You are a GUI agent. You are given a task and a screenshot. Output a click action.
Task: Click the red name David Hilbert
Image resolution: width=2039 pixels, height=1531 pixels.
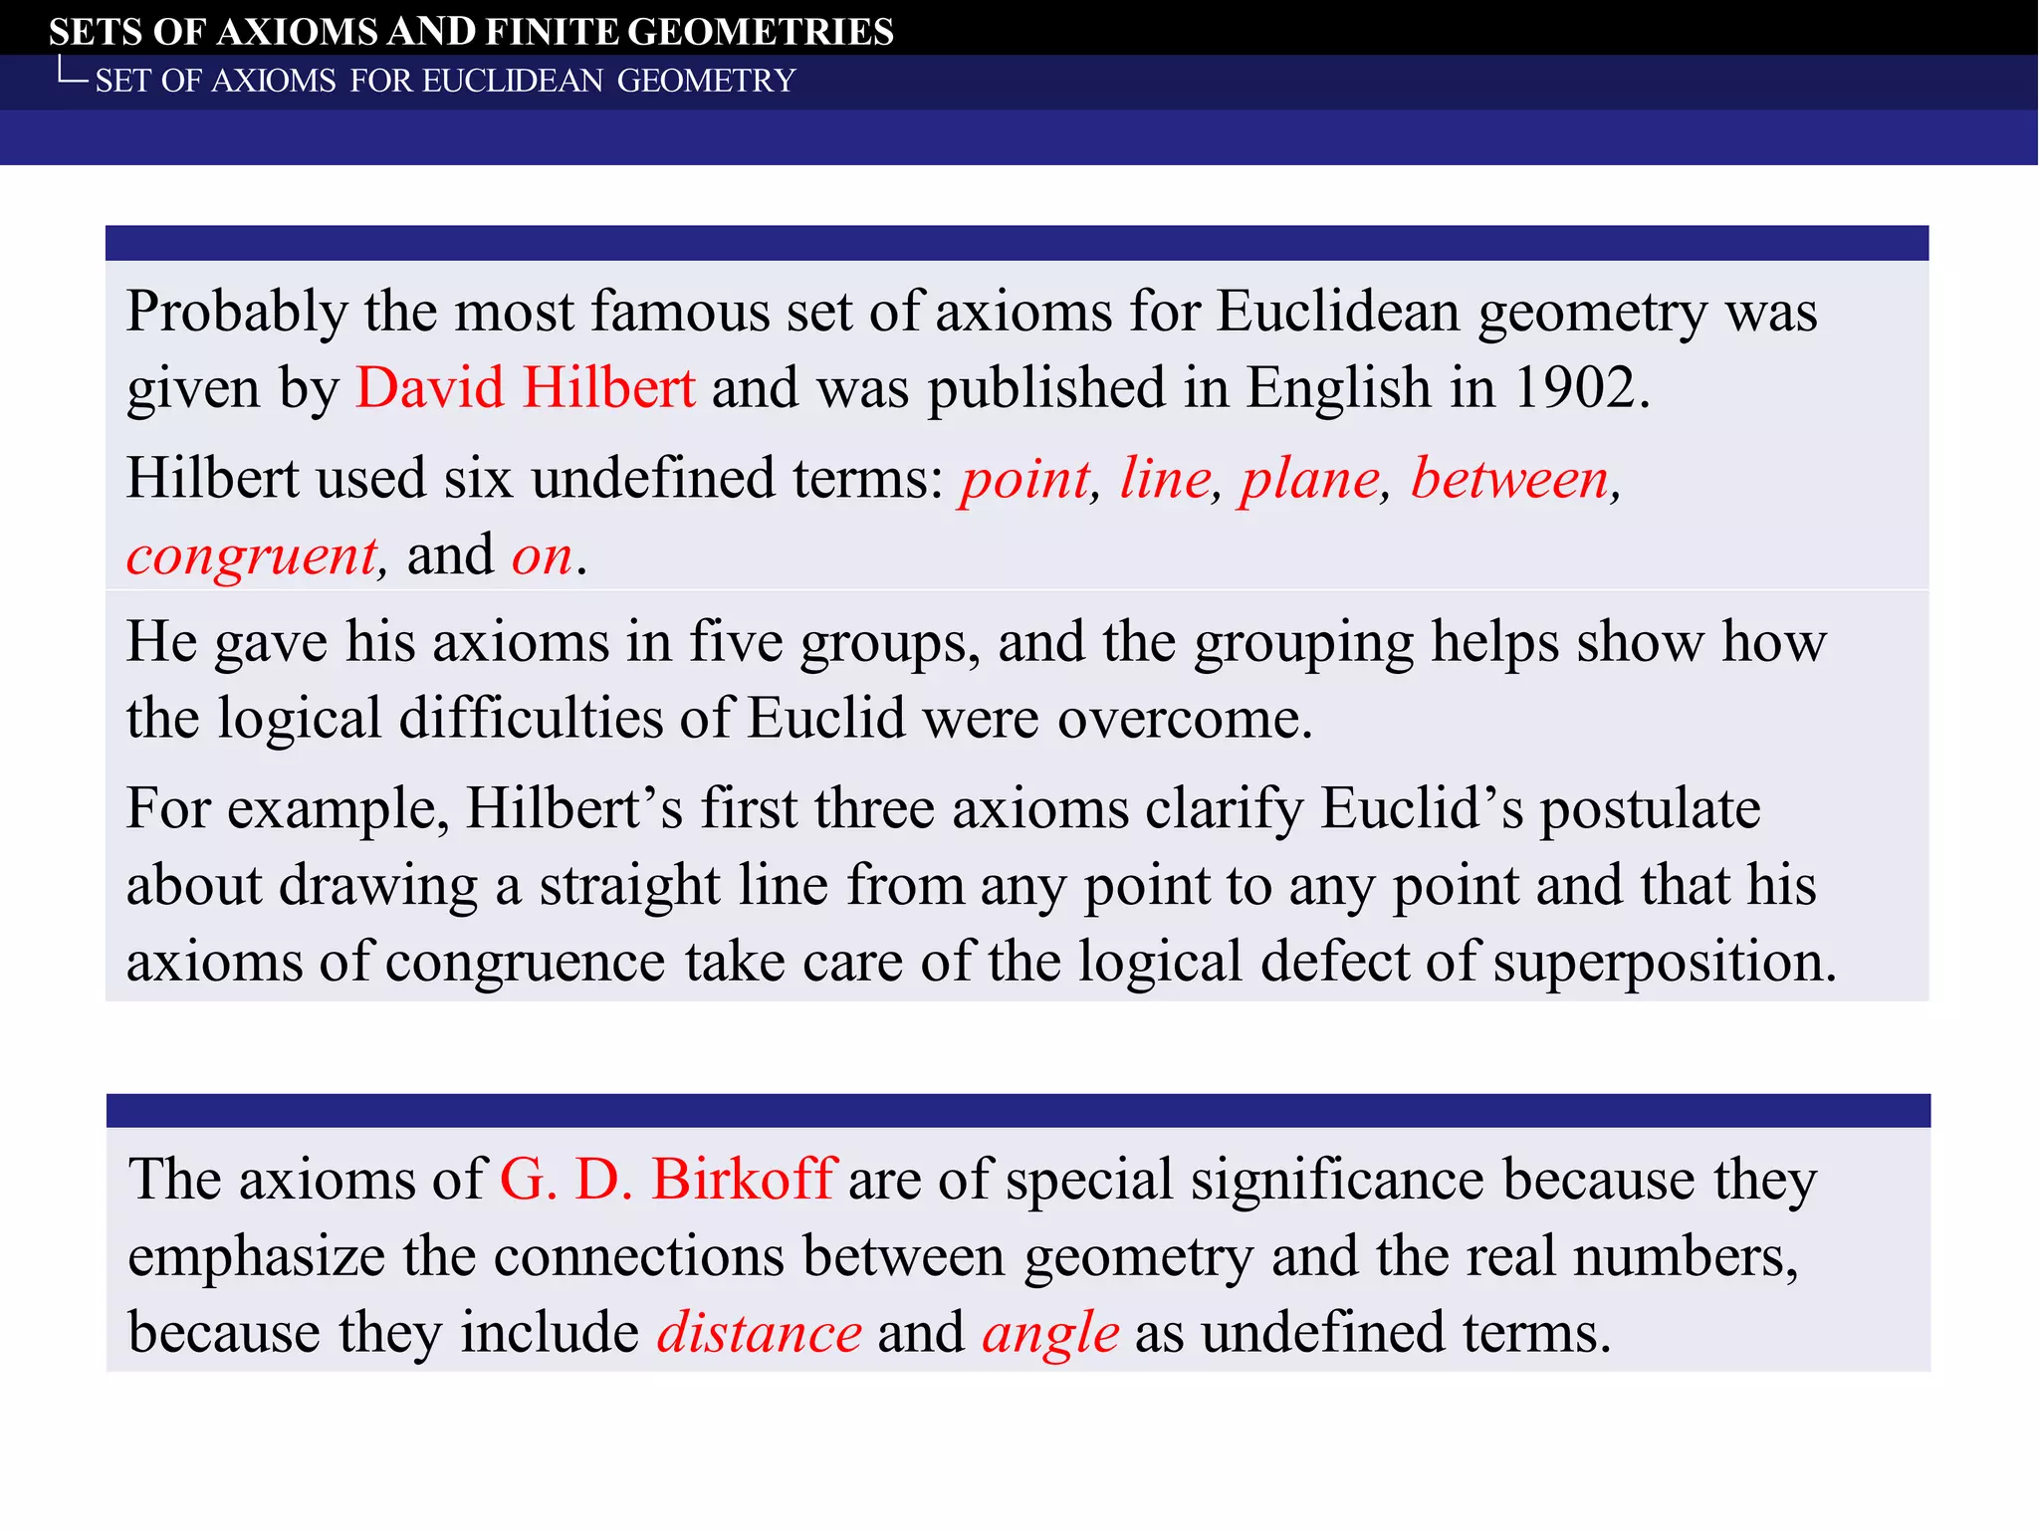[525, 387]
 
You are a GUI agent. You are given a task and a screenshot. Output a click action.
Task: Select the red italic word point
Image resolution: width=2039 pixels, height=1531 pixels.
[1025, 479]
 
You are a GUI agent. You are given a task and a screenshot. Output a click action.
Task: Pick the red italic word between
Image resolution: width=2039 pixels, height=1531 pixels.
[1509, 479]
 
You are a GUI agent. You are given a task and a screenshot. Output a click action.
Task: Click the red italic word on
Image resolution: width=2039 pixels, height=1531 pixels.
[542, 555]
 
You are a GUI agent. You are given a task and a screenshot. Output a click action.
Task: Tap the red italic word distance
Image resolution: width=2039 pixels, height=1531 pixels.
[759, 1333]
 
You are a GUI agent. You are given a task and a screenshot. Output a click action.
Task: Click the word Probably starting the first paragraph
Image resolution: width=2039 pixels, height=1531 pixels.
[236, 313]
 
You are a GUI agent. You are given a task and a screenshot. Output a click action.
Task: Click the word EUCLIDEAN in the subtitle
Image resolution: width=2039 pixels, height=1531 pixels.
[513, 81]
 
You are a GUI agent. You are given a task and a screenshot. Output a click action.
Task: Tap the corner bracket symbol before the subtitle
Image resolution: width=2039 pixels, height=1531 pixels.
[72, 72]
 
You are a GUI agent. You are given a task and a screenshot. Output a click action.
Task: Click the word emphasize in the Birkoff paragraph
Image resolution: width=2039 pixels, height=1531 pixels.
[256, 1256]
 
